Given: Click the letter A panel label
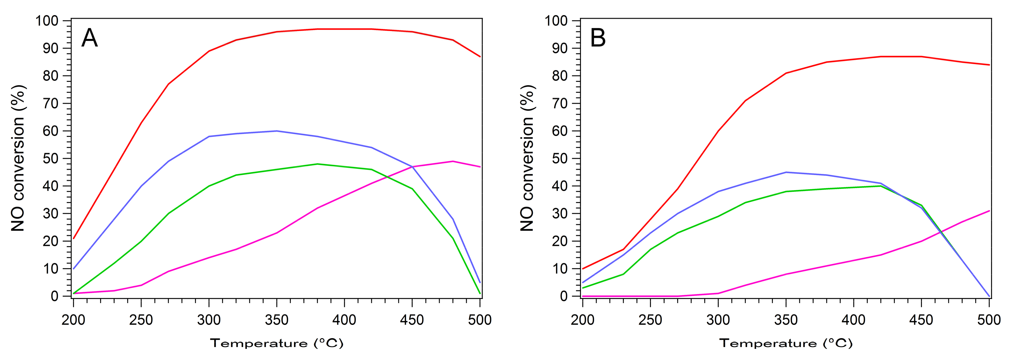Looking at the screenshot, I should point(90,38).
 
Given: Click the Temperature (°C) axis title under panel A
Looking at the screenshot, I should point(277,343).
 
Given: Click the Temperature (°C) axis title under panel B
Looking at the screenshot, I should point(786,343).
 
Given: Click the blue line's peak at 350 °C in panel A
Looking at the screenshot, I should point(277,131).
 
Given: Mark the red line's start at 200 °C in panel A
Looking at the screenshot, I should point(73,238).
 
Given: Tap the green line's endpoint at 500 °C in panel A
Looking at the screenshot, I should point(480,293).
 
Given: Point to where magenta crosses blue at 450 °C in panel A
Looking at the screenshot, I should point(412,167).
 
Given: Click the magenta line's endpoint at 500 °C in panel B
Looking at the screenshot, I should point(989,211).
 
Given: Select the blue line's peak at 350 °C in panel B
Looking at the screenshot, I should point(786,172).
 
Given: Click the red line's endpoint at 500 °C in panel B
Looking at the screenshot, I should point(989,65).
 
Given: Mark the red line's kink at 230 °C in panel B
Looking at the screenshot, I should point(623,249).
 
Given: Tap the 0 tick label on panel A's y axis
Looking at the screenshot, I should point(55,296).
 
